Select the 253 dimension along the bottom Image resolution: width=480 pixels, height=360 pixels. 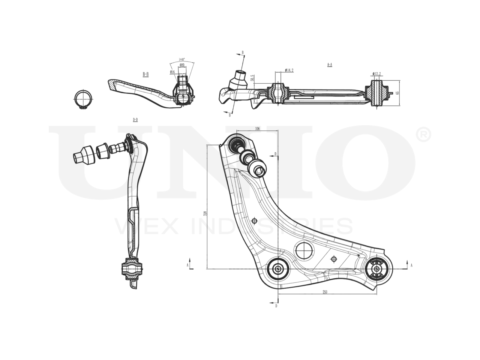pyautogui.click(x=324, y=292)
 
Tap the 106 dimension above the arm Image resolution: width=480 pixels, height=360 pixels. pyautogui.click(x=257, y=129)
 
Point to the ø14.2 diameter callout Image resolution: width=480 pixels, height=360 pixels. pyautogui.click(x=289, y=70)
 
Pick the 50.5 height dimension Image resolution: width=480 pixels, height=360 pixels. pyautogui.click(x=253, y=78)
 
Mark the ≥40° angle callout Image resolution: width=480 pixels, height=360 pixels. pyautogui.click(x=181, y=60)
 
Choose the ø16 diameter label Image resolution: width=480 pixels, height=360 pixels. pyautogui.click(x=172, y=72)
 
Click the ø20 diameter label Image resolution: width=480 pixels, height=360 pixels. pyautogui.click(x=181, y=65)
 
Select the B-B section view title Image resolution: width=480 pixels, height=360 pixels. pyautogui.click(x=145, y=74)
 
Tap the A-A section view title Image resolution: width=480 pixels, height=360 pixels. pyautogui.click(x=330, y=65)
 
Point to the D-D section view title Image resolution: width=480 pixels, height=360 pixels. pyautogui.click(x=135, y=120)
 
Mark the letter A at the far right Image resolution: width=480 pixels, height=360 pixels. pyautogui.click(x=411, y=265)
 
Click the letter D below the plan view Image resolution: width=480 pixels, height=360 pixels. pyautogui.click(x=276, y=306)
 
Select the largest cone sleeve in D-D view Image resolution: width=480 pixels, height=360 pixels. pyautogui.click(x=84, y=155)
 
